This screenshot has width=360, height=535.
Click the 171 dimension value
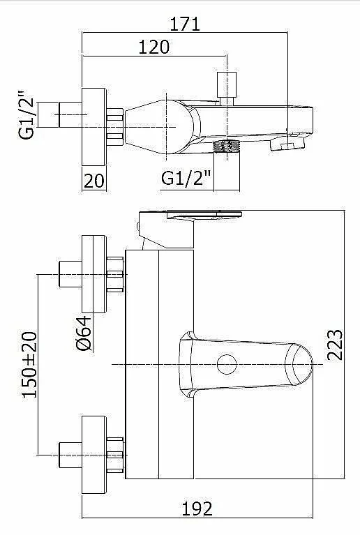[185, 24]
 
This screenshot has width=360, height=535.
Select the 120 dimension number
[154, 47]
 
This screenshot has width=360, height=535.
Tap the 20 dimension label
[93, 181]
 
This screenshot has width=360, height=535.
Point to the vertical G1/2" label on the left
[27, 115]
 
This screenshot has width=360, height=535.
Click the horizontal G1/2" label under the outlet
[186, 178]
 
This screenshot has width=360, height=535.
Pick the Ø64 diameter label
[84, 333]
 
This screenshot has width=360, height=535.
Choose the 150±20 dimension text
[30, 364]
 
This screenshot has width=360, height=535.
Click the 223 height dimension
[335, 345]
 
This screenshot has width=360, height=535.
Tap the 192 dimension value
[197, 509]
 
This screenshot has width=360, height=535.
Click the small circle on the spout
[227, 364]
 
